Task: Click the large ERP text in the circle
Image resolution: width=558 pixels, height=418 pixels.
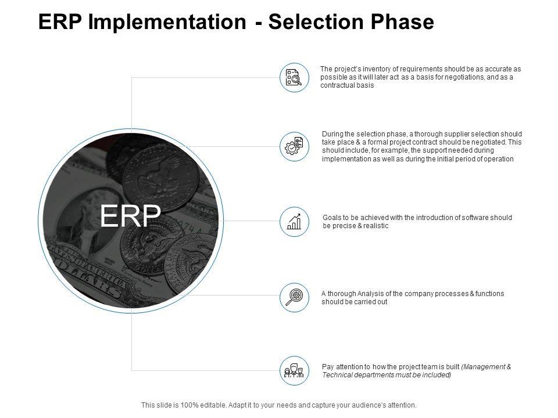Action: click(130, 217)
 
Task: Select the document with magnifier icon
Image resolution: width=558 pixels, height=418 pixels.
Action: click(294, 77)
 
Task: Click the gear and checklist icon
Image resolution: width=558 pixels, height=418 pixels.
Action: click(294, 146)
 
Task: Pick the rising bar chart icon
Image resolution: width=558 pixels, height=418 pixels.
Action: click(294, 221)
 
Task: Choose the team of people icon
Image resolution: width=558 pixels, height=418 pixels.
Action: click(294, 370)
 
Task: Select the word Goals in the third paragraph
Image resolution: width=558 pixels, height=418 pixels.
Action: click(331, 218)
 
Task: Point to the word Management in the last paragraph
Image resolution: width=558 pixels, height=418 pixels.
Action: click(485, 367)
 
